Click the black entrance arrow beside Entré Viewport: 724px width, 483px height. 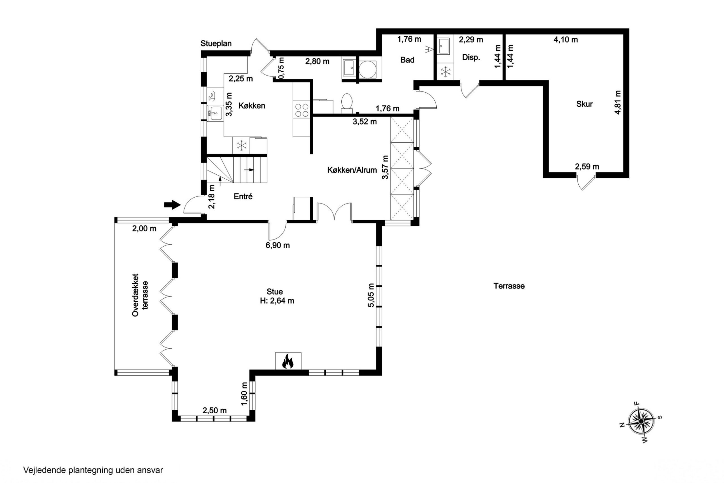tap(172, 204)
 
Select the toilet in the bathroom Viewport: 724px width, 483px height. tap(347, 101)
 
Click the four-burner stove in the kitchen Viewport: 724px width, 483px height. tap(301, 110)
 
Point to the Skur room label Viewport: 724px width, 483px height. tap(584, 104)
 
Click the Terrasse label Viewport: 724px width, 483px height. tap(509, 286)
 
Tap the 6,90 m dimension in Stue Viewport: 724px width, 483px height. tap(277, 245)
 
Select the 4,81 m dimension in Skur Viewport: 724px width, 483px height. tap(618, 102)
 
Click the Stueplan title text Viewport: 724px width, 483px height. tap(216, 43)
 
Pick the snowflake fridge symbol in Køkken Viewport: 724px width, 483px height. tap(242, 146)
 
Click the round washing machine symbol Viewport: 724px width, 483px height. tap(367, 69)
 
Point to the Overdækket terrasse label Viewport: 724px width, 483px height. tap(140, 295)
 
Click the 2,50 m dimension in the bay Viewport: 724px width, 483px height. tap(214, 411)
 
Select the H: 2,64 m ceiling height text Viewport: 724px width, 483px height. tap(277, 301)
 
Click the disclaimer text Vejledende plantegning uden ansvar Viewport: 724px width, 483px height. tap(93, 470)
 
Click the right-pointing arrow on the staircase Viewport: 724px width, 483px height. tap(249, 170)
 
